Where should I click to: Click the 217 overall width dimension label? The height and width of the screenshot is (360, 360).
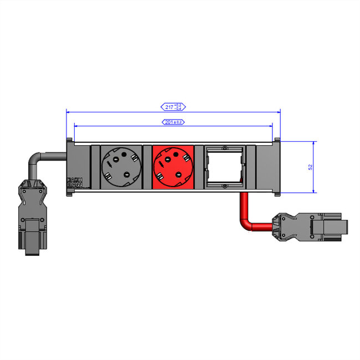pyautogui.click(x=173, y=106)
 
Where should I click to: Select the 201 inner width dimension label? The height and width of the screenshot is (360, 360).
pyautogui.click(x=173, y=122)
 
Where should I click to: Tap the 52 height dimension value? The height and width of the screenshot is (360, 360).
pyautogui.click(x=311, y=167)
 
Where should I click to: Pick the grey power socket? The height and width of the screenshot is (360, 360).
pyautogui.click(x=120, y=167)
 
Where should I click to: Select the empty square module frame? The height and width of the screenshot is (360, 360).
pyautogui.click(x=224, y=167)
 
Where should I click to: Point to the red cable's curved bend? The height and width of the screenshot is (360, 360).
pyautogui.click(x=245, y=223)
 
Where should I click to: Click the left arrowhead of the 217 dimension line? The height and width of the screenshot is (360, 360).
pyautogui.click(x=68, y=111)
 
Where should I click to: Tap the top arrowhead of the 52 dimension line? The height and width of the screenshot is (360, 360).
pyautogui.click(x=314, y=143)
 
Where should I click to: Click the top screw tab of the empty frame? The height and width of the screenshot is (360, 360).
pyautogui.click(x=224, y=148)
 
